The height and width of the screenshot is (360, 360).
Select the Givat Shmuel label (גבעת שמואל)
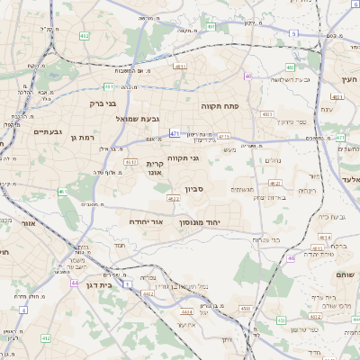pyautogui.click(x=138, y=118)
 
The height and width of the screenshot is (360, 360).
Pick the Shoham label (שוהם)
pyautogui.click(x=345, y=274)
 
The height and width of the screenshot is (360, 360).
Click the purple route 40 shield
pyautogui.click(x=247, y=76)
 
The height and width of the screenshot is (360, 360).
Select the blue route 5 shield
pyautogui.click(x=294, y=33)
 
